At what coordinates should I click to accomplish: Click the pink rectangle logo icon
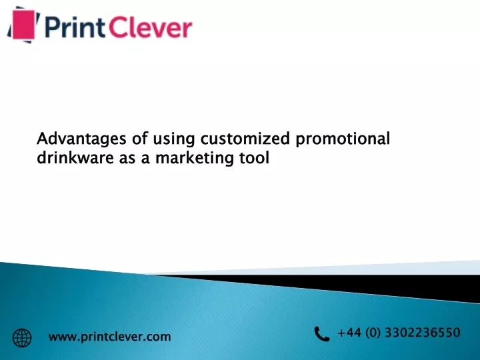pyautogui.click(x=23, y=25)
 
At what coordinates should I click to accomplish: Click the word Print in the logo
pyautogui.click(x=75, y=27)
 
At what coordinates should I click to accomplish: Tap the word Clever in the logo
pyautogui.click(x=150, y=27)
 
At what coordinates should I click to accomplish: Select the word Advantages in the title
pyautogui.click(x=81, y=139)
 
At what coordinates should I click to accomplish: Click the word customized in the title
pyautogui.click(x=245, y=139)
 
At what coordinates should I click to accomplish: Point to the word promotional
pyautogui.click(x=343, y=139)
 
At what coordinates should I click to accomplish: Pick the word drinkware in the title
pyautogui.click(x=75, y=157)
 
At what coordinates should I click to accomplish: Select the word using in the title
pyautogui.click(x=173, y=139)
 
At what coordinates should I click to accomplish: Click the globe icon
pyautogui.click(x=22, y=338)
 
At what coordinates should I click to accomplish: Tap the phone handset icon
pyautogui.click(x=322, y=334)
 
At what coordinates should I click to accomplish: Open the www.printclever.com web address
pyautogui.click(x=109, y=337)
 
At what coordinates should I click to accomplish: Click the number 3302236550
pyautogui.click(x=423, y=333)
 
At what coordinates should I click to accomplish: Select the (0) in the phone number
pyautogui.click(x=373, y=333)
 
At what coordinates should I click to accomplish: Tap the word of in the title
pyautogui.click(x=140, y=139)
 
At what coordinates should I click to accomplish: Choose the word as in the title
pyautogui.click(x=127, y=159)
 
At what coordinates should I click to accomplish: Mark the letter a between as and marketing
pyautogui.click(x=145, y=159)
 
